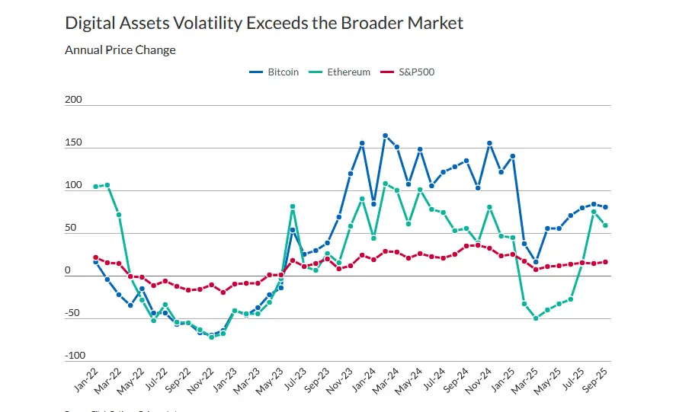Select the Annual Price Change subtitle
pyautogui.click(x=120, y=50)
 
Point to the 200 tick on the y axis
pyautogui.click(x=74, y=101)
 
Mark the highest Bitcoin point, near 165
pyautogui.click(x=385, y=136)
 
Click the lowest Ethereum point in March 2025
pyautogui.click(x=536, y=318)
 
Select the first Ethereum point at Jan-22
pyautogui.click(x=95, y=187)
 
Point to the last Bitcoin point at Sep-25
pyautogui.click(x=605, y=207)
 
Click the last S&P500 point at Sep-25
pyautogui.click(x=605, y=262)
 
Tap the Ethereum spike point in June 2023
pyautogui.click(x=293, y=206)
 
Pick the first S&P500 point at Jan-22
pyautogui.click(x=95, y=257)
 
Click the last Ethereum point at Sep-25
pyautogui.click(x=605, y=225)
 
